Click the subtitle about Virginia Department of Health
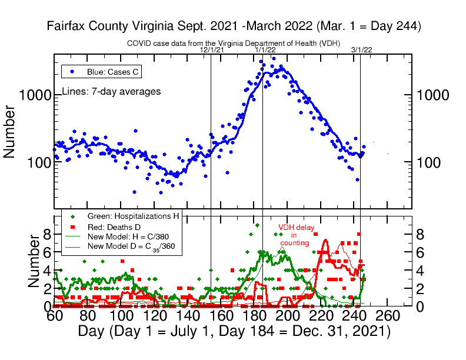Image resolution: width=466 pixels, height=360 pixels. point(234,44)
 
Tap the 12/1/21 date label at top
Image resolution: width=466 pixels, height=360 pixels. point(212,50)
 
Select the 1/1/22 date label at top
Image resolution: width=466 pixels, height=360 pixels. point(265,50)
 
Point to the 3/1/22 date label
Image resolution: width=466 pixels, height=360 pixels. point(361,50)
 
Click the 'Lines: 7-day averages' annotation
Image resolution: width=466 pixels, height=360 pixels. point(111,92)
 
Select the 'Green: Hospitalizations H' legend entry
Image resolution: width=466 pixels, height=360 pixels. point(133,216)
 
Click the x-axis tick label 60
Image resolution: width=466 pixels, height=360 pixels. point(55,316)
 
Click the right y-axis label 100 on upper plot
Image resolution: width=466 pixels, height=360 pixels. point(431,162)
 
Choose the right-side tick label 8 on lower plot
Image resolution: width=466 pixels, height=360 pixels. point(420,234)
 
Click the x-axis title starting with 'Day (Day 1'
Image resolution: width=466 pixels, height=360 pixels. point(234,332)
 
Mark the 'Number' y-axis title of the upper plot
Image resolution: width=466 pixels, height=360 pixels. point(10,132)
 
